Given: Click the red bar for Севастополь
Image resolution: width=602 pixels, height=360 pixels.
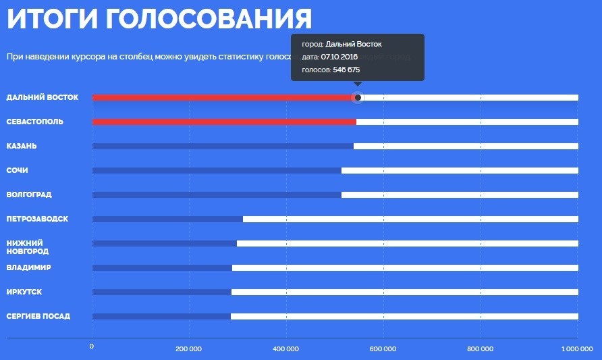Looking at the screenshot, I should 224,122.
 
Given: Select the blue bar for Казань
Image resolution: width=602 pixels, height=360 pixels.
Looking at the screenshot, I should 223,147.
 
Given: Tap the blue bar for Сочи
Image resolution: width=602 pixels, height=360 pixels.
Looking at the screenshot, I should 217,171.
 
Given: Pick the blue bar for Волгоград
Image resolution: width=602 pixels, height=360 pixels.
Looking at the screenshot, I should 217,195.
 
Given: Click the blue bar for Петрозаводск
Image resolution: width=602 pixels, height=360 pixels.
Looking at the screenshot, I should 167,220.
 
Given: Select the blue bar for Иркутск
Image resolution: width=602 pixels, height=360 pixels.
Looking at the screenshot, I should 162,292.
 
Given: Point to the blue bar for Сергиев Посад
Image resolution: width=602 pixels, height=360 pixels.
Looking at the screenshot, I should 161,317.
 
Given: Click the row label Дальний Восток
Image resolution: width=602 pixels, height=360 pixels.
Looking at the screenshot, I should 43,97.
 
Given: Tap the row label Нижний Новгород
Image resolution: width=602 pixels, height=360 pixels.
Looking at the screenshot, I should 28,247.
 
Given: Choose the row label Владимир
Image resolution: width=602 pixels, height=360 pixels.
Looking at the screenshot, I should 28,267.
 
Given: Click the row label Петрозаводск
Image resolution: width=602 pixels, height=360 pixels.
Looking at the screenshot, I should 37,219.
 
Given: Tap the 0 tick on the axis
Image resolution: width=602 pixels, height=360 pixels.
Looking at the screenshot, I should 92,346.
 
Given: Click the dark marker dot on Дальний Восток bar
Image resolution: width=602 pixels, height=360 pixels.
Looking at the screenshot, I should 358,98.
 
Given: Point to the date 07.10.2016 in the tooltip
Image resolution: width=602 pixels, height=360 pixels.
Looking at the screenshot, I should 339,57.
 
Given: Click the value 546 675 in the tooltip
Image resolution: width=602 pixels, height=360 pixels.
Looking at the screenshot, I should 347,70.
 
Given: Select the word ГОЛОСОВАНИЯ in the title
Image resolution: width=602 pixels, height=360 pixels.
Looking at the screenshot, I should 209,19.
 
